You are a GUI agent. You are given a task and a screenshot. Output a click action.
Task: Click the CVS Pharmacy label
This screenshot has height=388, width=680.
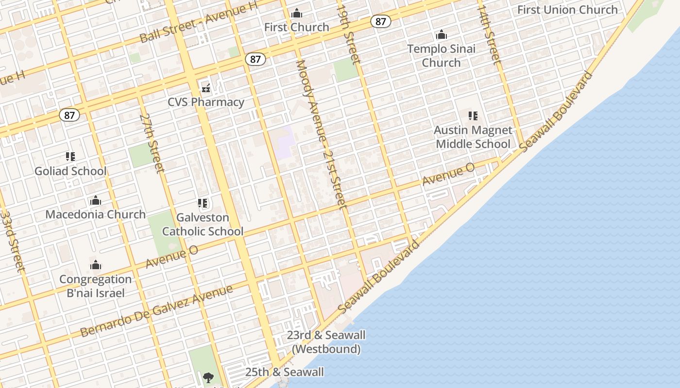click(206, 102)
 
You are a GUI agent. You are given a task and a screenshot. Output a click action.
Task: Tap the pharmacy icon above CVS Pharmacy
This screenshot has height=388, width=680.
click(206, 89)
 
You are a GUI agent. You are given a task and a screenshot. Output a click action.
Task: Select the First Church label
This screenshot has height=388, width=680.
click(297, 27)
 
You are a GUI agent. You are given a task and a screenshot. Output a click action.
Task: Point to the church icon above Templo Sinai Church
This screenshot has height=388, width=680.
click(441, 34)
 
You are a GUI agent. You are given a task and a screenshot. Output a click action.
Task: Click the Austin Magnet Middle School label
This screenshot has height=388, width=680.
click(473, 137)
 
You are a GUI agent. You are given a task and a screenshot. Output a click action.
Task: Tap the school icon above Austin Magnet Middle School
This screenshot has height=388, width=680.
click(473, 116)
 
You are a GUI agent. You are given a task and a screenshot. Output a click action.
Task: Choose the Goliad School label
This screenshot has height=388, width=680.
click(70, 171)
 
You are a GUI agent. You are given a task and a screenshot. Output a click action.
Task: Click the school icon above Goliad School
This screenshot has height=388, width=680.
click(70, 157)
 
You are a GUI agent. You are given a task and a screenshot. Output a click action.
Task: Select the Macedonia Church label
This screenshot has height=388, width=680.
click(96, 214)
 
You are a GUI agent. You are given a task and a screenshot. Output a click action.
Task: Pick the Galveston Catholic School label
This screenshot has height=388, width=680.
click(203, 225)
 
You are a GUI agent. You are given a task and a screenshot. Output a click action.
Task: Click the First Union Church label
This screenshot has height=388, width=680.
click(567, 10)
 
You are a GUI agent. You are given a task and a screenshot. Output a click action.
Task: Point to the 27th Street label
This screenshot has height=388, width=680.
click(152, 143)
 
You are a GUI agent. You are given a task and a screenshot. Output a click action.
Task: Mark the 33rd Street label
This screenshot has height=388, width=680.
click(12, 241)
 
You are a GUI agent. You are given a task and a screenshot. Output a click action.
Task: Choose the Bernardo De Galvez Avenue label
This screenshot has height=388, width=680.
click(156, 311)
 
